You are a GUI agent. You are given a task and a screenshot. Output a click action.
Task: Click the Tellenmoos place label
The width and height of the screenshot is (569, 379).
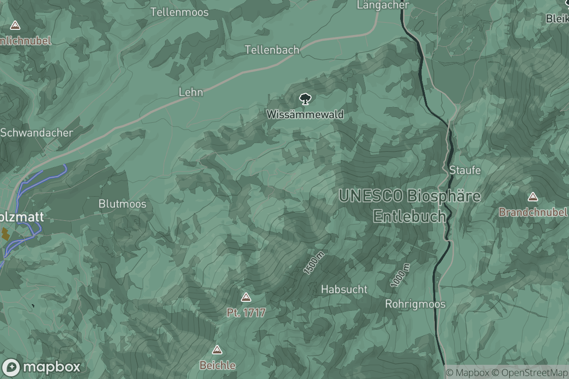(x=179, y=12)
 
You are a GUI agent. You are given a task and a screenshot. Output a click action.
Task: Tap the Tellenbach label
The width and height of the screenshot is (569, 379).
(x=272, y=50)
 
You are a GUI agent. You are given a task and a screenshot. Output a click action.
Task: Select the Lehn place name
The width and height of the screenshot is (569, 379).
(x=191, y=92)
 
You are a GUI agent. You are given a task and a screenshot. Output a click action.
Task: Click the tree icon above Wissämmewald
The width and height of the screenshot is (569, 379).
(x=305, y=99)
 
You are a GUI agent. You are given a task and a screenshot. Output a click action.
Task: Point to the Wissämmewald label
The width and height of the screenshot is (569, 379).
(x=305, y=115)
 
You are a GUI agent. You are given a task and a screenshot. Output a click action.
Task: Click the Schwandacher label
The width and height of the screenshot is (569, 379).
(x=37, y=133)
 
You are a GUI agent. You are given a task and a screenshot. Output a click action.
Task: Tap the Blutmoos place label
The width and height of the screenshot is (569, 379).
(x=122, y=204)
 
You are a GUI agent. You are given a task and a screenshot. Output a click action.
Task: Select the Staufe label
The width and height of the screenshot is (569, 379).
(x=465, y=170)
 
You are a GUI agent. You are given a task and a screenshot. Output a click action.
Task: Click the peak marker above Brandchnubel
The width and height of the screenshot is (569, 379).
(x=533, y=197)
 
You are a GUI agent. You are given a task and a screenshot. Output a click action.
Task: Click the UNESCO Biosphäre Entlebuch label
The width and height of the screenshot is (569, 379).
(x=410, y=206)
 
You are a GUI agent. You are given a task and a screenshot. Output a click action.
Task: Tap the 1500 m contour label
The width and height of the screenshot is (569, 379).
(x=313, y=263)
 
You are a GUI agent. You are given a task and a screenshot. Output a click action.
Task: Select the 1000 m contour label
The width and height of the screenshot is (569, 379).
(x=400, y=276)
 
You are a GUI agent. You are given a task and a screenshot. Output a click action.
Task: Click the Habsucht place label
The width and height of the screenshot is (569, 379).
(x=344, y=289)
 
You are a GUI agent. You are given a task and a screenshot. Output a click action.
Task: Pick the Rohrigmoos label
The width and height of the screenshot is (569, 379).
(x=415, y=304)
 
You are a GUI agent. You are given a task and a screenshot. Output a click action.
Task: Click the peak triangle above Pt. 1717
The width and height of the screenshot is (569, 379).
(x=246, y=298)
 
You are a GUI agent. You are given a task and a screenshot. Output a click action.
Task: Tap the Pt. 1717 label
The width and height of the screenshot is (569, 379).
(x=246, y=313)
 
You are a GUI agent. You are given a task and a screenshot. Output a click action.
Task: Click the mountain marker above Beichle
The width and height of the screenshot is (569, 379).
(x=217, y=350)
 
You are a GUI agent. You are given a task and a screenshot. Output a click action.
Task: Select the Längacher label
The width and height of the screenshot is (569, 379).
(x=383, y=5)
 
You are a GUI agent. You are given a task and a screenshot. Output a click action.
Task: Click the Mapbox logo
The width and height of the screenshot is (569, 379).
(x=41, y=367)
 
